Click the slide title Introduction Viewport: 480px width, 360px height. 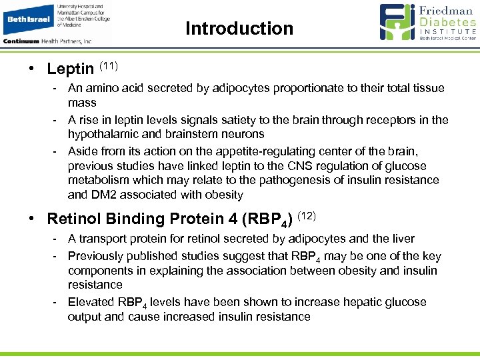click(x=239, y=29)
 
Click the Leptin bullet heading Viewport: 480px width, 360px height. click(x=71, y=69)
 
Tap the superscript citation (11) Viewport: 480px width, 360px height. click(x=109, y=65)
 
